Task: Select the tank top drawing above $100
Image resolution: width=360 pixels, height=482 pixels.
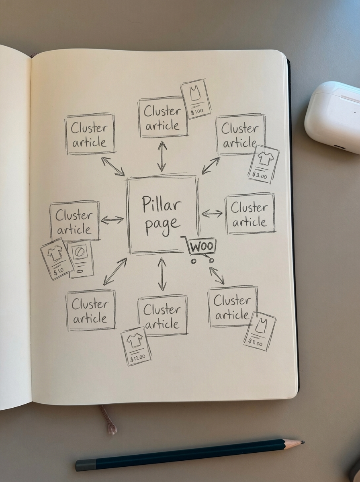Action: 195,94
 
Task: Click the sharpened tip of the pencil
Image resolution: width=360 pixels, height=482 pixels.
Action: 301,442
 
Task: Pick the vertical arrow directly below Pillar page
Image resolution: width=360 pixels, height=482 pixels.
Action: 162,274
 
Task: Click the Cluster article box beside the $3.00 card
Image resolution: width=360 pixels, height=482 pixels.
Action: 240,135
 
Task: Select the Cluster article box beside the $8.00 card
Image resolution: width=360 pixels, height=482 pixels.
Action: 232,306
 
